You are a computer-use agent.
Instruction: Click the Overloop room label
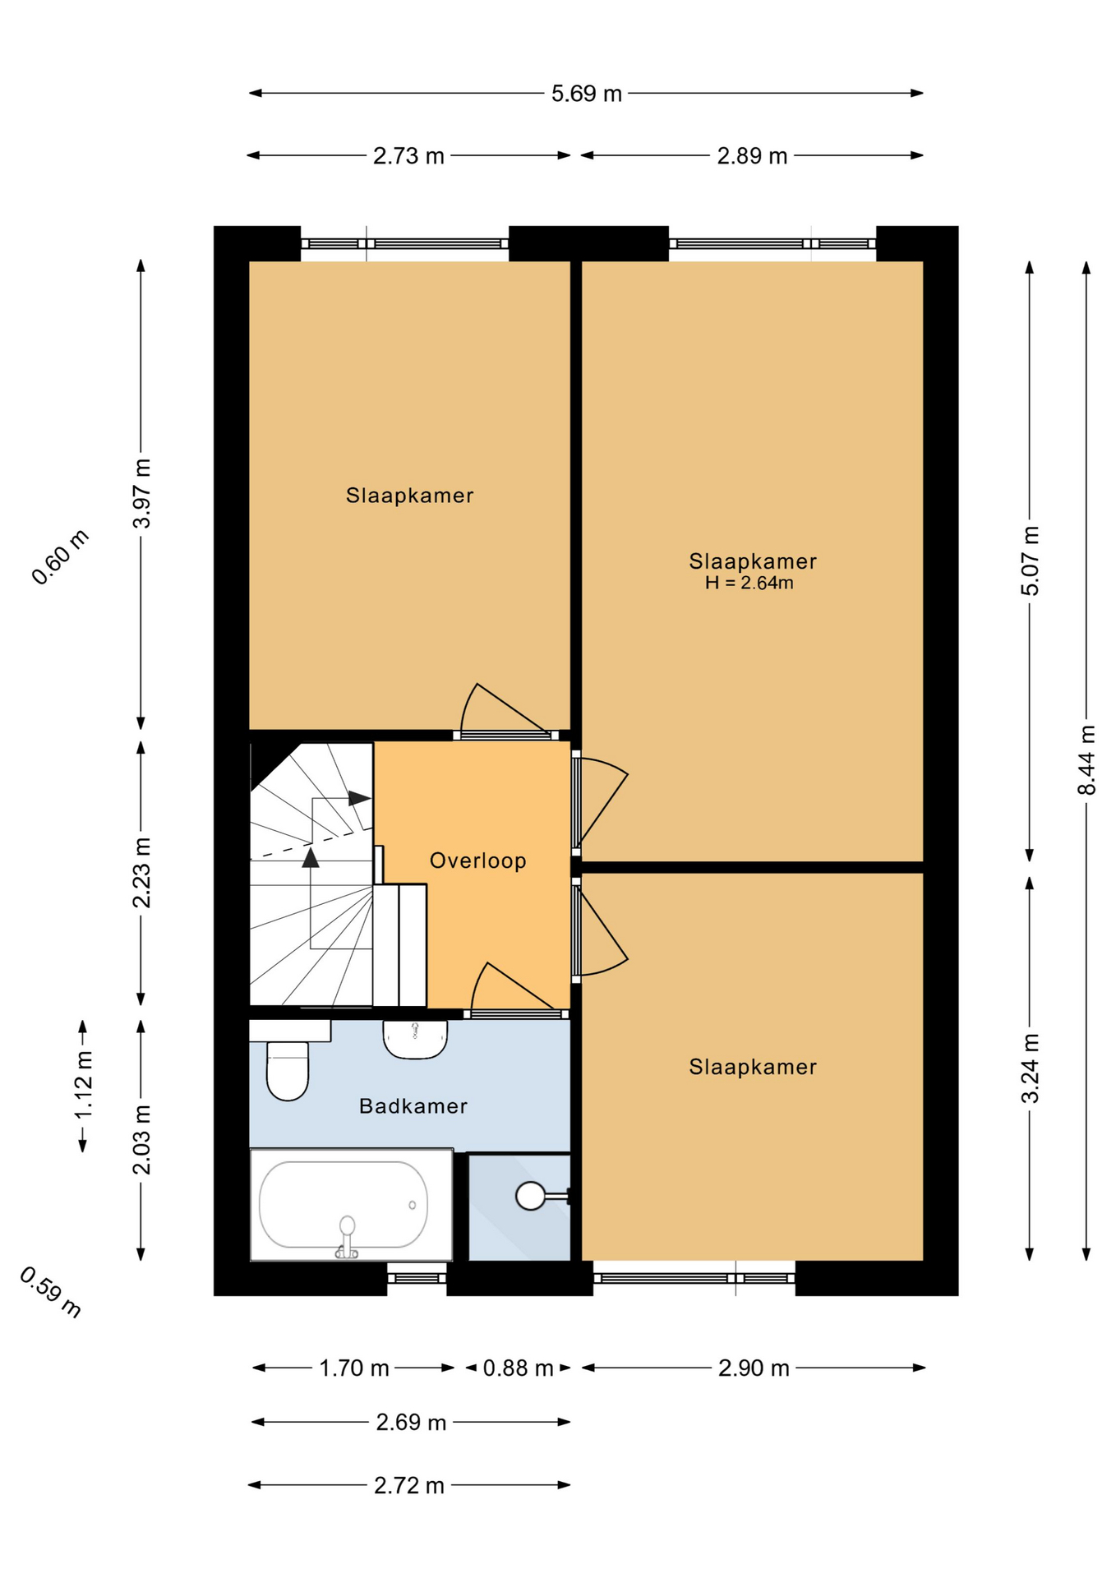coord(477,861)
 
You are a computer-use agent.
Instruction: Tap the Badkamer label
coord(413,1106)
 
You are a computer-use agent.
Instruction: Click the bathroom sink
coord(415,1040)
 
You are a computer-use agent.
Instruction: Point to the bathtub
coord(351,1205)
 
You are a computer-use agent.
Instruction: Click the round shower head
coord(531,1196)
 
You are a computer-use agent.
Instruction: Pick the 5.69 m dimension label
coord(586,94)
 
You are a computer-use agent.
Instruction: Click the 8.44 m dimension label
coord(1086,759)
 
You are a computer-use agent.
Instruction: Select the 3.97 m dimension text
coord(141,494)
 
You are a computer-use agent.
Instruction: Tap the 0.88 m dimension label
coord(518,1368)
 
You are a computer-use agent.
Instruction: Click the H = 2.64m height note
coord(749,584)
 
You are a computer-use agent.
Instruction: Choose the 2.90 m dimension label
coord(754,1368)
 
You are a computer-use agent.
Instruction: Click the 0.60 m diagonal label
coord(60,557)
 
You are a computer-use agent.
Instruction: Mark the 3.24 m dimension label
coord(1030,1068)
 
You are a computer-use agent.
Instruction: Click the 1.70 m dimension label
coord(354,1368)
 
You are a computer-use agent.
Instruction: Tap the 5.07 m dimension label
coord(1030,561)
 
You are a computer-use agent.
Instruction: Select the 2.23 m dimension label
coord(141,873)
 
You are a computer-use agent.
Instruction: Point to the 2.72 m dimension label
coord(409,1486)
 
